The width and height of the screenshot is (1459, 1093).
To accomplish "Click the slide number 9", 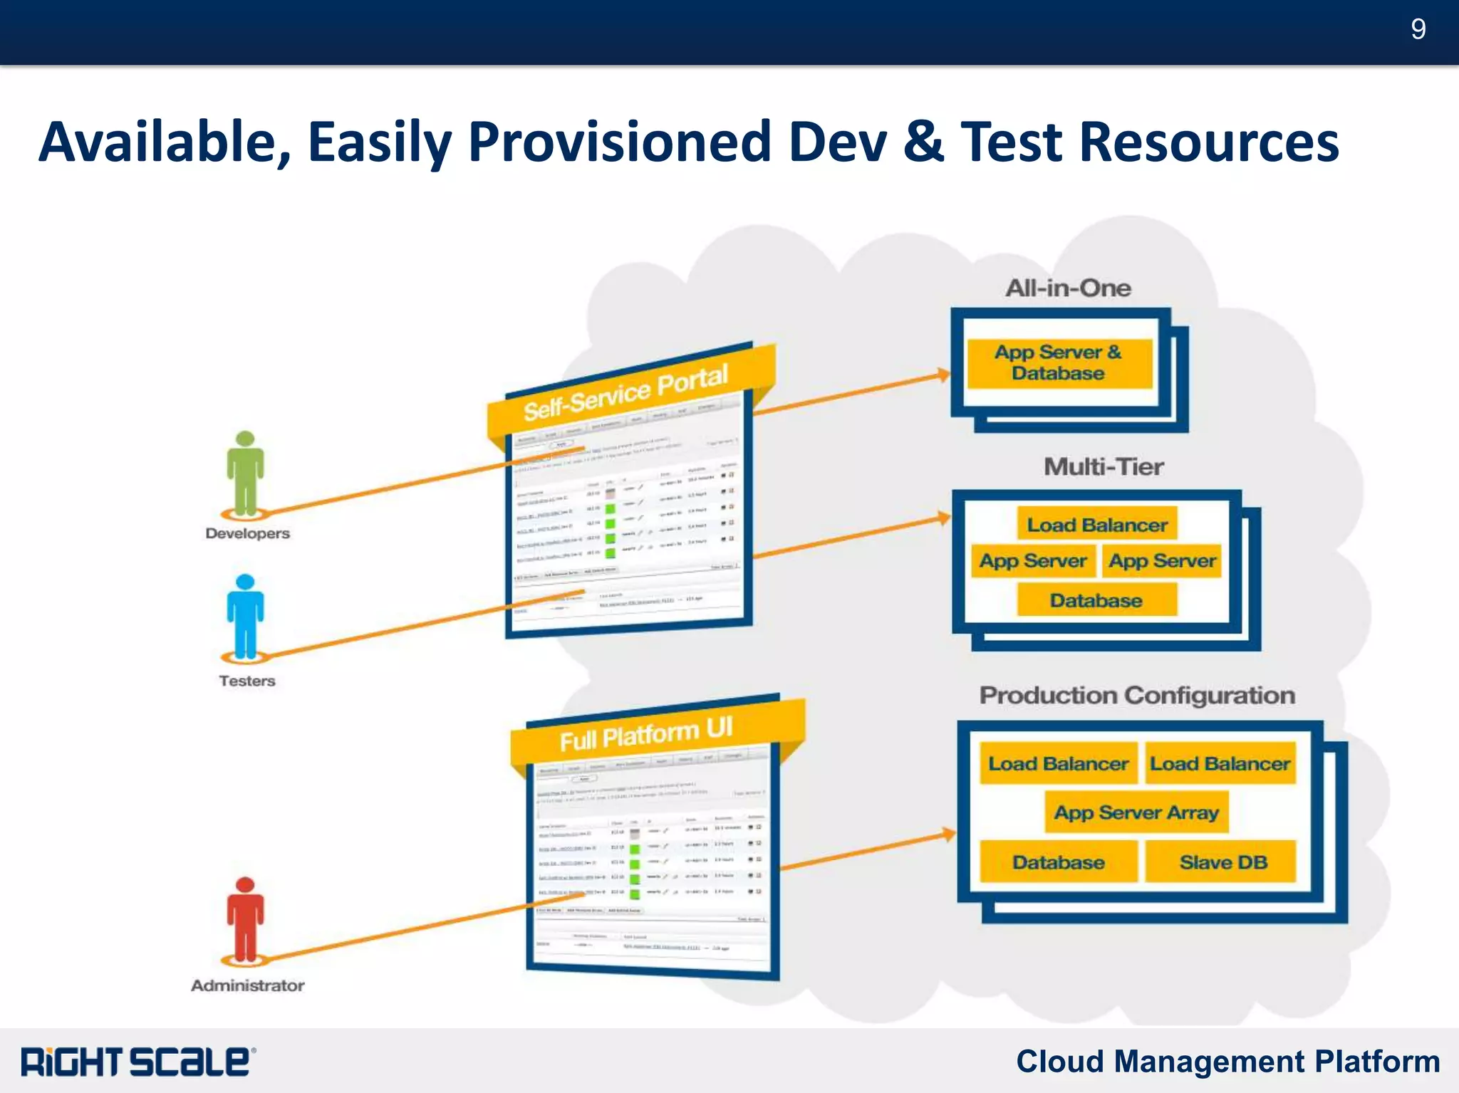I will (x=1418, y=29).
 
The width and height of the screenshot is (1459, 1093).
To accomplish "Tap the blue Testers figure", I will (x=245, y=616).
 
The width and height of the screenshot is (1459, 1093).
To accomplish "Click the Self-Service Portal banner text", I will (x=625, y=392).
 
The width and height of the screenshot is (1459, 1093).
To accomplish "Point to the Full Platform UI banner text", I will (x=645, y=734).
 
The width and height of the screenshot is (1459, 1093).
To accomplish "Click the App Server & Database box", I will (x=1059, y=363).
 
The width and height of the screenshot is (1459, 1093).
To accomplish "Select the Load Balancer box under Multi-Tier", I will (x=1096, y=525).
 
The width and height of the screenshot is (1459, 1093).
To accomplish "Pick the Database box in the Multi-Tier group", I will (x=1096, y=600).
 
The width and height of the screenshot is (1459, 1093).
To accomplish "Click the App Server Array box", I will (x=1136, y=812).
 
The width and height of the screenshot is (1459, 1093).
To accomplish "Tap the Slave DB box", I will (x=1222, y=862).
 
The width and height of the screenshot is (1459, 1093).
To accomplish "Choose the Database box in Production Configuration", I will (x=1059, y=862).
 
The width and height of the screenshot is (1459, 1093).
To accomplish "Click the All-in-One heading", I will (x=1068, y=288).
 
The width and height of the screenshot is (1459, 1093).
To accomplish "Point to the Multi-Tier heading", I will (x=1104, y=466).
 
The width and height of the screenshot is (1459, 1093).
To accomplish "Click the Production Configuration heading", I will (x=1137, y=695).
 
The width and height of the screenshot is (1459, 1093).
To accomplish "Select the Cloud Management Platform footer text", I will (x=1227, y=1061).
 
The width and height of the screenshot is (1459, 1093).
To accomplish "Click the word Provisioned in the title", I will (x=620, y=142).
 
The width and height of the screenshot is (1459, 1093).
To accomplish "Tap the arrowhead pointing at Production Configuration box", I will (x=949, y=833).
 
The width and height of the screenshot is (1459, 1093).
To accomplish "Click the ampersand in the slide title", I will (x=924, y=142).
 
